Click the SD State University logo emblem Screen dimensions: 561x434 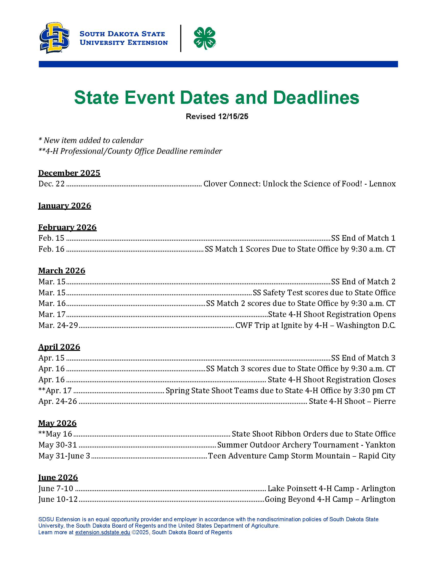click(x=54, y=38)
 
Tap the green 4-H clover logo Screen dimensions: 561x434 click(x=205, y=38)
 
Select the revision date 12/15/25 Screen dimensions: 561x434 click(x=233, y=116)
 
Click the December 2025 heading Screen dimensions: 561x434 click(x=69, y=173)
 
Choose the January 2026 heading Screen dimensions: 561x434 click(x=65, y=206)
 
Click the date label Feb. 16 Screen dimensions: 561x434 click(x=51, y=249)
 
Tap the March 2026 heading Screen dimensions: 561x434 click(x=62, y=271)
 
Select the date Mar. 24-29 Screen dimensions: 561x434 click(x=58, y=325)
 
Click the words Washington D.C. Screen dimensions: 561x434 click(x=366, y=325)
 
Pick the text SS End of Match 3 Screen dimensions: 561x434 click(x=363, y=358)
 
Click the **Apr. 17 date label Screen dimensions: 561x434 click(x=55, y=390)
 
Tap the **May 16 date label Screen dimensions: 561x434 click(x=55, y=434)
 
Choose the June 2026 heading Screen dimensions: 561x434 click(x=58, y=477)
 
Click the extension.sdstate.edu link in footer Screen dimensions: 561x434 click(x=102, y=532)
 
